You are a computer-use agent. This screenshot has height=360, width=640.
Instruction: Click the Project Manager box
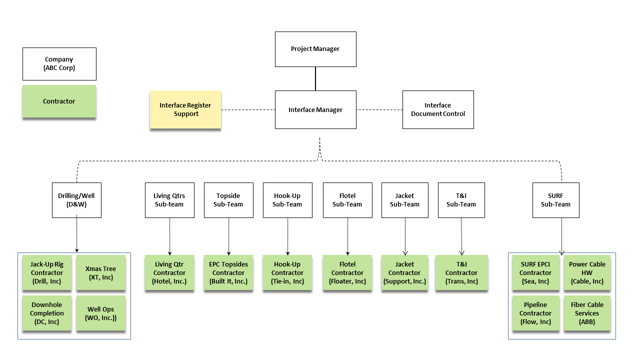(x=315, y=49)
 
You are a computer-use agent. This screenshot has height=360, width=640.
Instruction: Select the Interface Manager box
(x=315, y=110)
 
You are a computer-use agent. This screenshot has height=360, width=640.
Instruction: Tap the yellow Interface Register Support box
(x=185, y=109)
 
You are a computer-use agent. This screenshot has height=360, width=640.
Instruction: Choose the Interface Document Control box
(x=437, y=110)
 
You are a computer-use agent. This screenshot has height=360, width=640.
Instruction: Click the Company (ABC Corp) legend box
(x=59, y=64)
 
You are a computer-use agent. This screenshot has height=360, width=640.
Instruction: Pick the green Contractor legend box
(x=59, y=102)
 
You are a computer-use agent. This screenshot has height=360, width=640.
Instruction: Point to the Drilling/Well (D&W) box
(x=77, y=200)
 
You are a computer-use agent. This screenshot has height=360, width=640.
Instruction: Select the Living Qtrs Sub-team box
(x=169, y=200)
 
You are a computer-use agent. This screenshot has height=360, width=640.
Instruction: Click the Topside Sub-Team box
(x=228, y=200)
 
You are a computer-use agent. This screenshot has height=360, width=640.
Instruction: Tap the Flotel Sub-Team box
(x=347, y=200)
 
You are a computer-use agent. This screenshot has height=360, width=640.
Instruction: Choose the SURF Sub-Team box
(x=555, y=200)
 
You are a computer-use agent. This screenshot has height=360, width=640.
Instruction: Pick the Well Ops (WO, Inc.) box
(x=101, y=314)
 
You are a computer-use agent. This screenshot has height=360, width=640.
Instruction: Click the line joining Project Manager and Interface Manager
(x=315, y=79)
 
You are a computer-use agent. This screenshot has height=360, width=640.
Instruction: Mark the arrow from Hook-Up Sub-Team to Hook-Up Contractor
(x=287, y=237)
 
